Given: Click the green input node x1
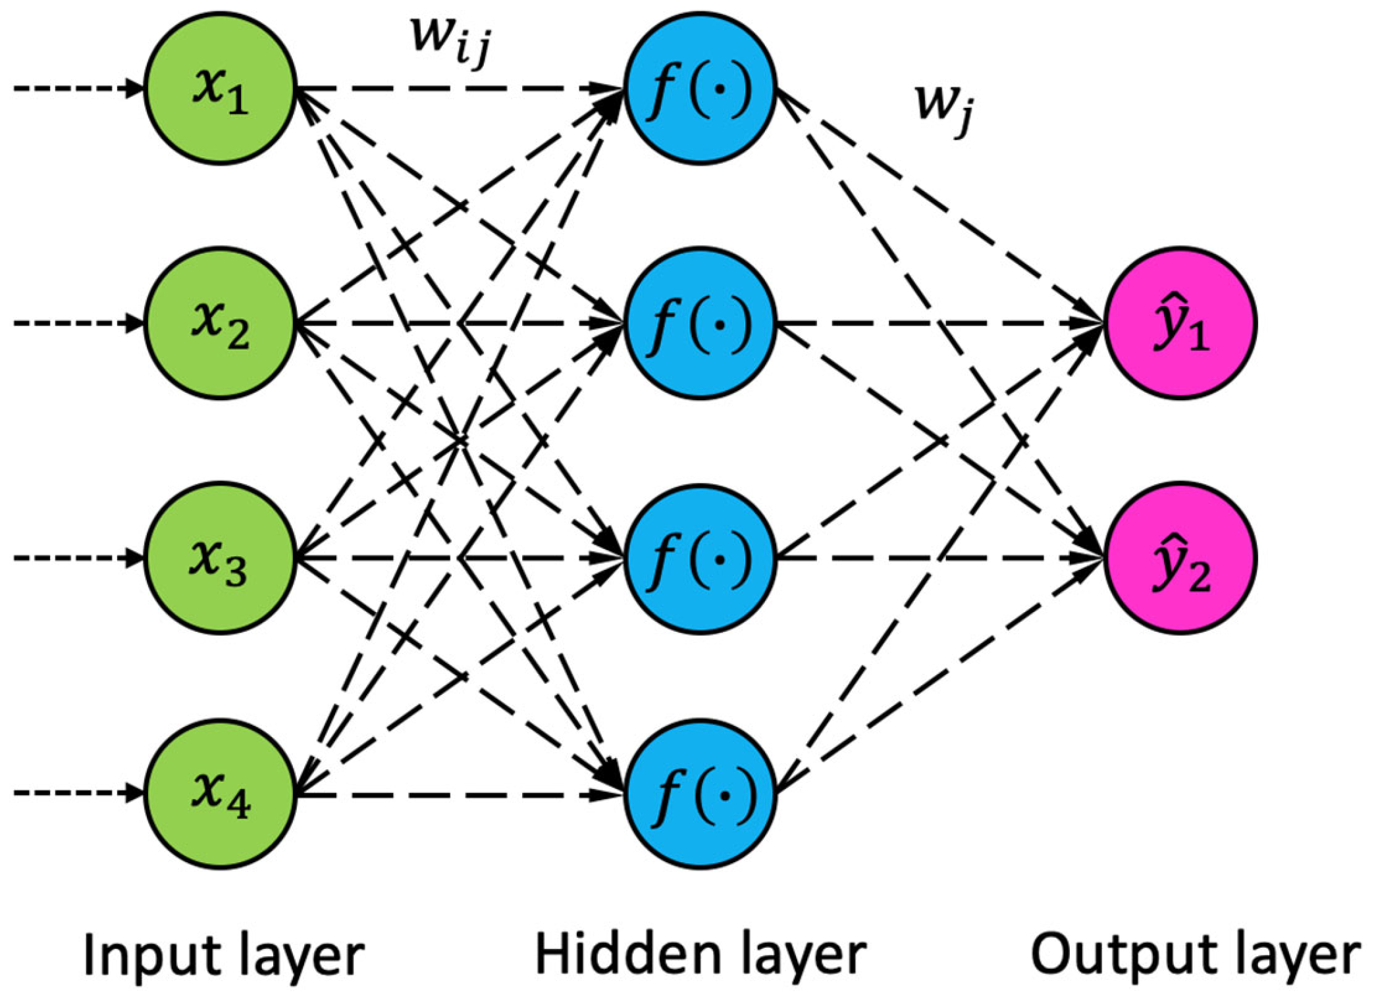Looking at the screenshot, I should click(x=220, y=88).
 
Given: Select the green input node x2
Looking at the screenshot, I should click(x=220, y=323).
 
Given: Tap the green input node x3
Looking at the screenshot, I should click(x=220, y=558).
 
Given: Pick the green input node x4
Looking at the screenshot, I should click(x=220, y=794).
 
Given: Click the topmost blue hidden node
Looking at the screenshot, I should click(x=700, y=88).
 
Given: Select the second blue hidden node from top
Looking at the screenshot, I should click(x=700, y=323).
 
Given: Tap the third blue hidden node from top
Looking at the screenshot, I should click(x=700, y=559).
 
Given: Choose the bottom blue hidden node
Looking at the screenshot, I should click(x=700, y=794).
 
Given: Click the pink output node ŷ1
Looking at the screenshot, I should click(x=1180, y=323).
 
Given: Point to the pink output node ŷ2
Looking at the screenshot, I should click(x=1180, y=558).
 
